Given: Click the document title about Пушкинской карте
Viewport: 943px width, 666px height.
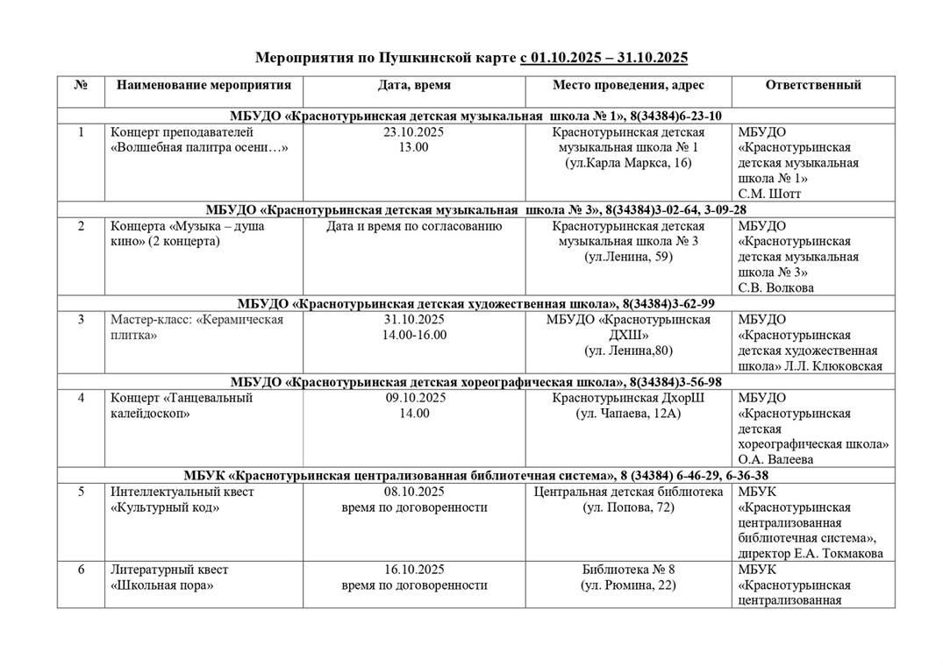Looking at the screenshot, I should click(x=471, y=58).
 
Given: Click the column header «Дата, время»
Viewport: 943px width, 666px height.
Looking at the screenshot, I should click(x=414, y=85).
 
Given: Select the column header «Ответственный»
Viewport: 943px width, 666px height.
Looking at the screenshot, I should click(x=812, y=85).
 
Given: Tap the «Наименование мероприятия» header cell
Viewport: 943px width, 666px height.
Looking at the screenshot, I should click(x=204, y=85).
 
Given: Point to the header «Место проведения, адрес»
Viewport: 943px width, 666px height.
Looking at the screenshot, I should click(x=628, y=85).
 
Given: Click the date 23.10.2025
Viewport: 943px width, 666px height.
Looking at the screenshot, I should click(x=414, y=132).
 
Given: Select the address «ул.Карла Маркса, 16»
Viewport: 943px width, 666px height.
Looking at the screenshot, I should click(x=628, y=163).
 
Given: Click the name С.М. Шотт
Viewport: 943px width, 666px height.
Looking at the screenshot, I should click(x=769, y=194).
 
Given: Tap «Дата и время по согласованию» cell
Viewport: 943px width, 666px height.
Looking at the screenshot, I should click(x=414, y=226).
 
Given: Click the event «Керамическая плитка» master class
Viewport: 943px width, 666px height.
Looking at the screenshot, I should click(x=196, y=327).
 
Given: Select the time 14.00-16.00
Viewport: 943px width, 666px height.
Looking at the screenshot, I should click(x=414, y=335).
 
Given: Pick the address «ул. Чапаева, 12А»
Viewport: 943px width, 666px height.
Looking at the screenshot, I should click(x=628, y=413).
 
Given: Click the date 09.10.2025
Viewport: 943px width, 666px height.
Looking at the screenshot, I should click(x=414, y=398).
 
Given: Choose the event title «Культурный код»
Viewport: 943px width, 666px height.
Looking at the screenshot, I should click(x=162, y=507).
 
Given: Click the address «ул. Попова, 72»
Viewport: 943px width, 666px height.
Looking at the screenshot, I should click(x=628, y=507).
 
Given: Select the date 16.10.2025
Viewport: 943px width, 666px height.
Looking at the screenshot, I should click(x=414, y=570).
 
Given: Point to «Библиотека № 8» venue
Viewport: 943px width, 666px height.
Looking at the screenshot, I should click(x=628, y=570).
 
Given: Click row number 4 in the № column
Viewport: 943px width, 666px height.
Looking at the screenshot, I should click(x=81, y=398).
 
